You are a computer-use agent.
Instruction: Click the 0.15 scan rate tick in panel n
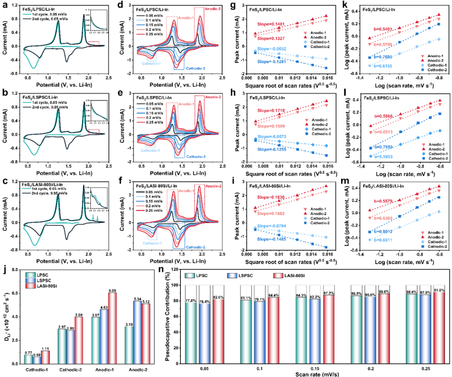tap(308, 362)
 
